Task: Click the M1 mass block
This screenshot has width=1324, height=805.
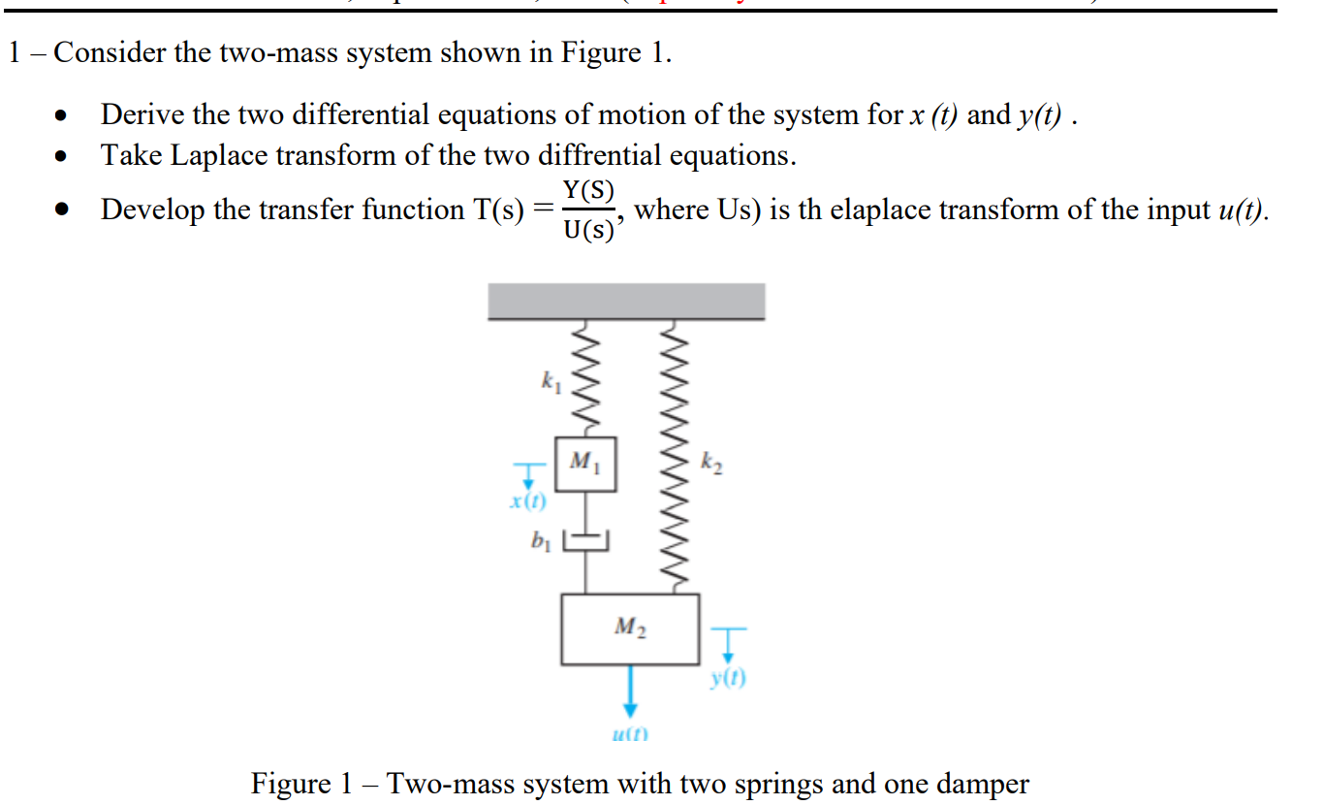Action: click(585, 465)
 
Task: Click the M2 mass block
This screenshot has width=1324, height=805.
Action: click(630, 628)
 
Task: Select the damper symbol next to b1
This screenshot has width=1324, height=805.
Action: click(585, 539)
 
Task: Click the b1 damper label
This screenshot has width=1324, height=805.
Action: click(539, 539)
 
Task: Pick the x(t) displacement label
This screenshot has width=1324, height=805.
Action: click(528, 501)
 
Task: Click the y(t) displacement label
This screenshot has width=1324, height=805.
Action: click(728, 679)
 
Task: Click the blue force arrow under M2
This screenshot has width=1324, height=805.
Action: click(630, 691)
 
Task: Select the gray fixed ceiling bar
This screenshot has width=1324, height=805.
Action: click(626, 301)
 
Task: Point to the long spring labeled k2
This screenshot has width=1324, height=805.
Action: click(676, 456)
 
